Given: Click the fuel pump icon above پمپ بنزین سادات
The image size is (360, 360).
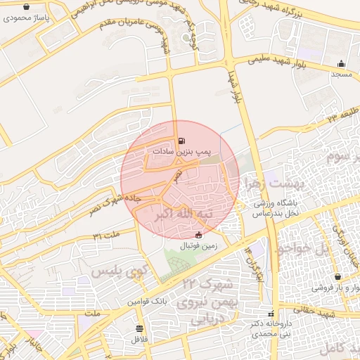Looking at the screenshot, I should pos(183,141).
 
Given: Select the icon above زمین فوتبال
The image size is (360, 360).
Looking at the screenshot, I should pos(199,235).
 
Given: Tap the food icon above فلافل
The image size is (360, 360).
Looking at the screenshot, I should pos(139,328).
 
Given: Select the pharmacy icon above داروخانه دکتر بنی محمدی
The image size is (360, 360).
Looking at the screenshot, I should pos(271,314).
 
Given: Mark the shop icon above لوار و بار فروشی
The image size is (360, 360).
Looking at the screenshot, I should pos(340,277).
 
